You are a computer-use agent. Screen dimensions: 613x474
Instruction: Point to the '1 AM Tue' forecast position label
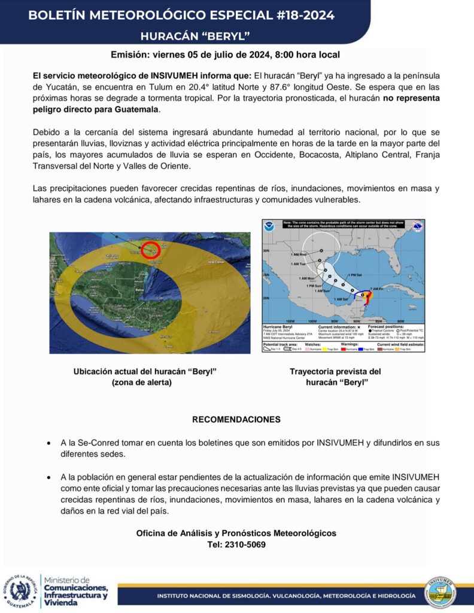tap(299, 264)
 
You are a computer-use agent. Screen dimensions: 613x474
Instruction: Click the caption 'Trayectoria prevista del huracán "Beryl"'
tap(335, 377)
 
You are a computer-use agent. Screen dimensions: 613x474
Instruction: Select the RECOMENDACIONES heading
tap(236, 420)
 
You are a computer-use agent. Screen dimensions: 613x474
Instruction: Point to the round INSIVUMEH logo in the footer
tap(443, 593)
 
